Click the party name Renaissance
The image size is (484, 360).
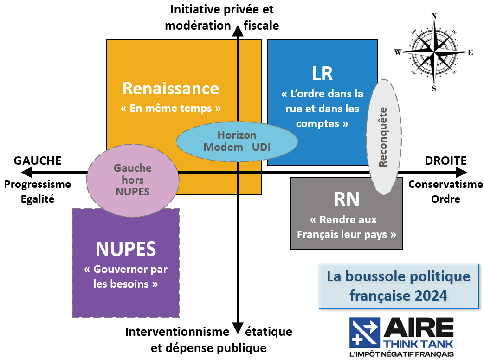[x=170, y=88]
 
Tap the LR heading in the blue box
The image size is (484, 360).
[x=323, y=73]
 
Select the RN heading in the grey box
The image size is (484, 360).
[x=347, y=199]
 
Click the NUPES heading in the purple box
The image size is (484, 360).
[x=125, y=249]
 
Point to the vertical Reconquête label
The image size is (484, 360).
[x=383, y=137]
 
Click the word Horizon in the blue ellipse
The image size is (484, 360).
[x=237, y=135]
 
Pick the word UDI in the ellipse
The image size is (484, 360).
[x=261, y=147]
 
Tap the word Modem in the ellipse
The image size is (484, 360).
[x=224, y=147]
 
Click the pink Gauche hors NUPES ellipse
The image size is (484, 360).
[x=133, y=180]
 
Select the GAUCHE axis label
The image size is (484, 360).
[x=38, y=161]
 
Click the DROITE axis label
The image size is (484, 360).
[x=445, y=161]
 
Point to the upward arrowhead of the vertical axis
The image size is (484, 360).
[x=238, y=31]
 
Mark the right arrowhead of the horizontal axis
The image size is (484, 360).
[x=461, y=173]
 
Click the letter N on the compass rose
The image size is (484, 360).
[x=434, y=16]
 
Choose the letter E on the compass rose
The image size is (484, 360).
[x=470, y=52]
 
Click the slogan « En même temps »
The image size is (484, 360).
[x=170, y=109]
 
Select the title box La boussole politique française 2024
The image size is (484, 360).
[x=398, y=286]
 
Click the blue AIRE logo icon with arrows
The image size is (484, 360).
[x=364, y=333]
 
